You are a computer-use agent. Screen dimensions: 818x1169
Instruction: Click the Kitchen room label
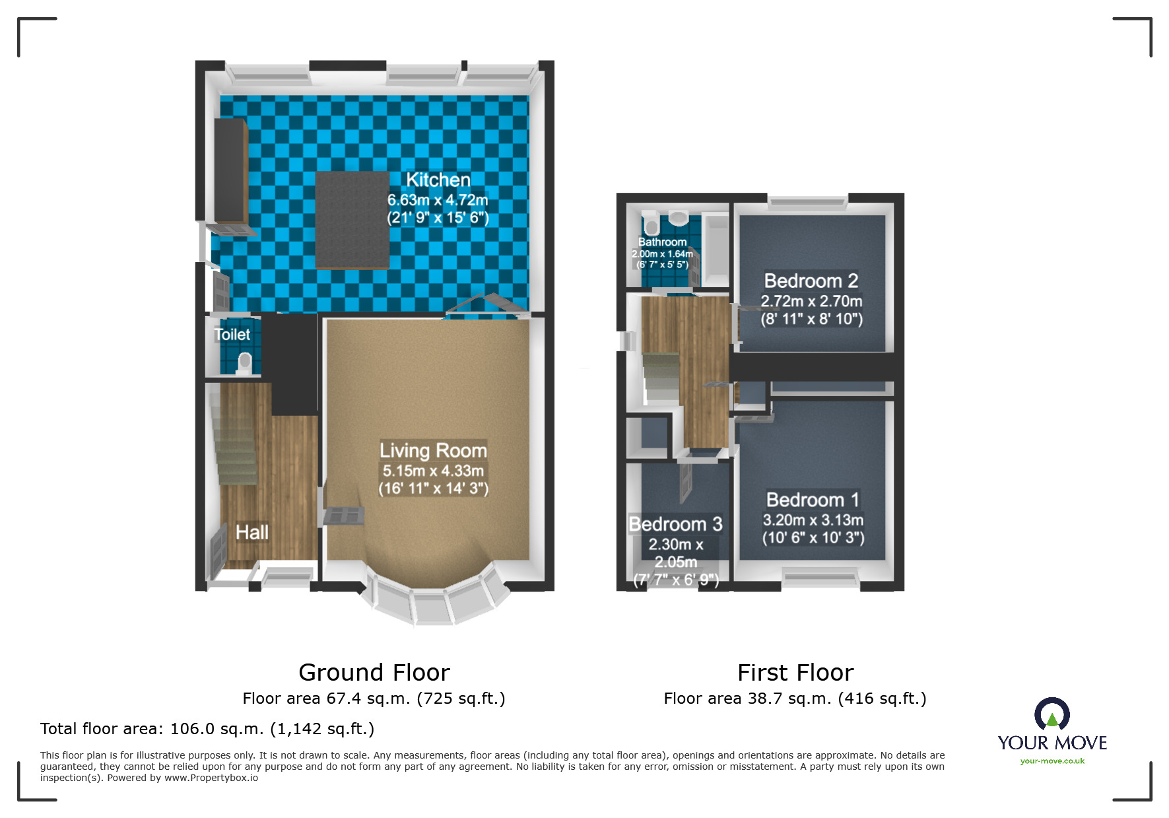(x=438, y=180)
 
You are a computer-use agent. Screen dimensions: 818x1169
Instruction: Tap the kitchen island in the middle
(x=352, y=220)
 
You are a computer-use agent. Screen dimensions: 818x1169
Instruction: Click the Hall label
(x=252, y=532)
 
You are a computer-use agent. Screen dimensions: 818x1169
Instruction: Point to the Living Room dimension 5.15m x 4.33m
(x=433, y=471)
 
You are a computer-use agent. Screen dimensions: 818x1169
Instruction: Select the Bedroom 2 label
(x=811, y=281)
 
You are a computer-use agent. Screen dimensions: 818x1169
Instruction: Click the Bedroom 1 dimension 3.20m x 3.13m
(x=813, y=520)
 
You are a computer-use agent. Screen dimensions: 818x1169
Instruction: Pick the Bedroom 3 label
(x=675, y=524)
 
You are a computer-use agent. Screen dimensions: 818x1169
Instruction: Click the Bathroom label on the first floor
(x=662, y=242)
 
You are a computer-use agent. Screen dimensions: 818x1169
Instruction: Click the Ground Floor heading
(x=374, y=672)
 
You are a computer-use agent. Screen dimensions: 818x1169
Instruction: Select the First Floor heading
(x=795, y=672)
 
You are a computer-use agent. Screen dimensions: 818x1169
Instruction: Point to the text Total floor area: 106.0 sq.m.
(x=207, y=729)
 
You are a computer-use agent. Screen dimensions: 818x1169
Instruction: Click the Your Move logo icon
(x=1052, y=714)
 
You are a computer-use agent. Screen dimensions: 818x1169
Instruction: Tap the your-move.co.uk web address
(x=1052, y=761)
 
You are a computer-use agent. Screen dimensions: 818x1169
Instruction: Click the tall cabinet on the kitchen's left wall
(x=230, y=170)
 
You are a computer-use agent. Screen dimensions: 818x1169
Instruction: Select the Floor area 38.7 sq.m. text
(x=795, y=699)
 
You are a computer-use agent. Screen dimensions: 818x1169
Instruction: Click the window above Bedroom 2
(x=807, y=203)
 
